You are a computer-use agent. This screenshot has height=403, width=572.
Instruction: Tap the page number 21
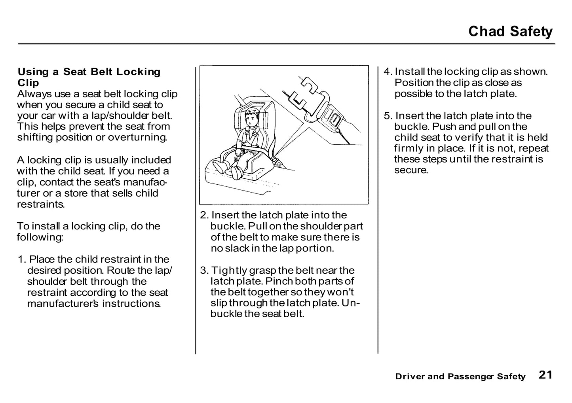pos(545,375)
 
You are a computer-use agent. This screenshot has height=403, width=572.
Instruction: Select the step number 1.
pos(22,259)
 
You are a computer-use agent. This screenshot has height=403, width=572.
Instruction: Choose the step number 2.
pos(204,215)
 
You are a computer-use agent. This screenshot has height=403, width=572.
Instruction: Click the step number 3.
pos(204,271)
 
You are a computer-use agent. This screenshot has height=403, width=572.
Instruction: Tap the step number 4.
pos(388,72)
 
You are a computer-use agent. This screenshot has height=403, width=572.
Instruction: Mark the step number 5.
pos(388,116)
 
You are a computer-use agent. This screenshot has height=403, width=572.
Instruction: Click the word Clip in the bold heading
pos(28,83)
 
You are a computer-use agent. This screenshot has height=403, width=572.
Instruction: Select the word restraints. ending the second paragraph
pos(41,204)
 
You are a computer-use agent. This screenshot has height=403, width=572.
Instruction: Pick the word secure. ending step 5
pos(411,170)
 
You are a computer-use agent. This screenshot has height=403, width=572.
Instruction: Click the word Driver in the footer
pos(409,377)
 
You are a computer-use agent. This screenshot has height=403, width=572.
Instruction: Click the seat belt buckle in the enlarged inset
pos(333,117)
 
